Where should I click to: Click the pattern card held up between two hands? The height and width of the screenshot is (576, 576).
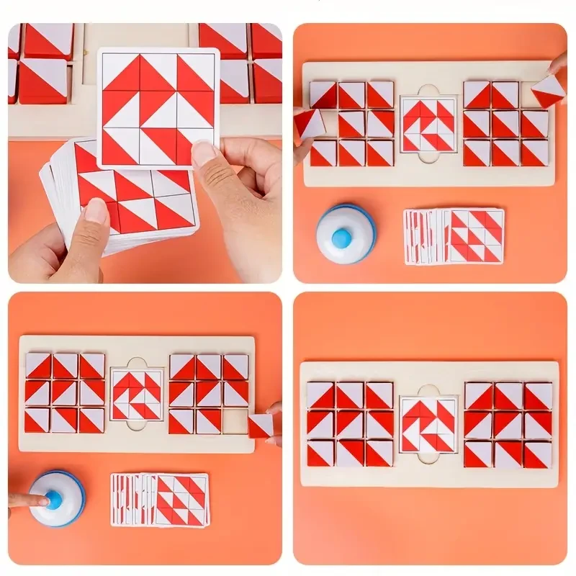pyautogui.click(x=158, y=108)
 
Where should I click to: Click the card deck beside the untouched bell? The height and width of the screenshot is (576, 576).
pyautogui.click(x=454, y=236)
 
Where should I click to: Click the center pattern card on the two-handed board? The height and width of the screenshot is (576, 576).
pyautogui.click(x=428, y=124)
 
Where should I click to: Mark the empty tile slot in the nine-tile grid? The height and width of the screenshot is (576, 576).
pyautogui.click(x=235, y=421)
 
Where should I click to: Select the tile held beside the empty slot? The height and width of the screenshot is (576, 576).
pyautogui.click(x=260, y=425)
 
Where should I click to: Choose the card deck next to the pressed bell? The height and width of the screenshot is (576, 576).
pyautogui.click(x=159, y=499)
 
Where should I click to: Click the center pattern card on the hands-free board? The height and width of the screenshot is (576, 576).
pyautogui.click(x=428, y=423)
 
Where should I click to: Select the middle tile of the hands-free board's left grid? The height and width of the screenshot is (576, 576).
pyautogui.click(x=350, y=424)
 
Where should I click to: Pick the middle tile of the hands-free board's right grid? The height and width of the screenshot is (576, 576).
pyautogui.click(x=508, y=424)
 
